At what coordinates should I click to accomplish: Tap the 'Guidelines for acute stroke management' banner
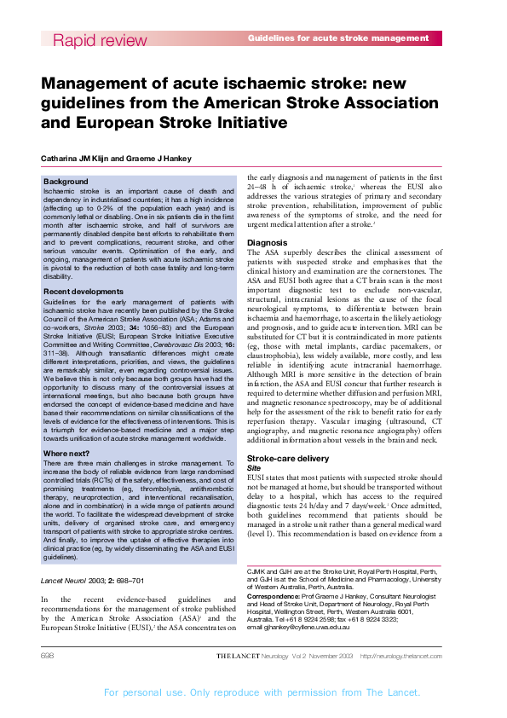click(x=338, y=38)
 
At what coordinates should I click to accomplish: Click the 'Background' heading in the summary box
click(x=66, y=182)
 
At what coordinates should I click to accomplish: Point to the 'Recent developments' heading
click(x=84, y=292)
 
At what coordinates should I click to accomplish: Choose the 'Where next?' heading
click(x=68, y=453)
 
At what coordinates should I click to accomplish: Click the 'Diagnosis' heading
click(x=267, y=243)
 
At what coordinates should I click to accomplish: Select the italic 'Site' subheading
click(x=253, y=468)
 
